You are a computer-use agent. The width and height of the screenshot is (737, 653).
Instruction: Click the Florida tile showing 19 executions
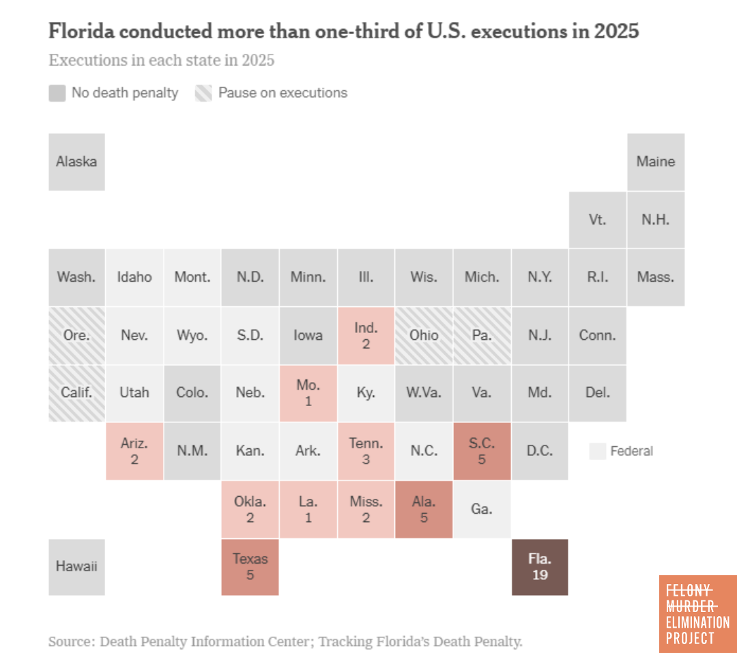point(540,567)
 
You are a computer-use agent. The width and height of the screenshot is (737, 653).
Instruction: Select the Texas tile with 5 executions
point(250,567)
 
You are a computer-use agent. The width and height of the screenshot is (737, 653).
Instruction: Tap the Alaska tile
point(76,162)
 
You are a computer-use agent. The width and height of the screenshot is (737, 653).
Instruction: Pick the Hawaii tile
point(76,567)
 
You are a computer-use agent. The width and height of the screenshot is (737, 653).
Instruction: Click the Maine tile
point(655,162)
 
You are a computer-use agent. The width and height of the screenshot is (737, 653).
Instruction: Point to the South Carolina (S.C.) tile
point(482,451)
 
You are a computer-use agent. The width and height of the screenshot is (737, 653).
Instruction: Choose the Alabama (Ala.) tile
point(424,509)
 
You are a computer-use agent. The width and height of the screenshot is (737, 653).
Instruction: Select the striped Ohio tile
point(424,336)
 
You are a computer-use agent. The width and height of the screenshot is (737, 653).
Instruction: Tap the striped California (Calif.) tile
point(76,393)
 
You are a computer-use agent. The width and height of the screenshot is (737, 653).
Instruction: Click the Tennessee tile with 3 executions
point(366,451)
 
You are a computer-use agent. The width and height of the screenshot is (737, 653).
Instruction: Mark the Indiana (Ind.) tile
point(366,336)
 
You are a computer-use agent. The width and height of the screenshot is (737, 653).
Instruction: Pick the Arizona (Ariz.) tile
point(134,451)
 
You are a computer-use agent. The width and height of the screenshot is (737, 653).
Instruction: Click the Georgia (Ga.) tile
point(482,509)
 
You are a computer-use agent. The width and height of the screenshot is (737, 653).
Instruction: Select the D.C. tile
point(540,451)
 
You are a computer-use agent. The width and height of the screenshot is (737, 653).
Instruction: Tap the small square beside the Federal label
point(597,451)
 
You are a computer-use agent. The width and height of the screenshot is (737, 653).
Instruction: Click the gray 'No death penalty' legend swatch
point(57,93)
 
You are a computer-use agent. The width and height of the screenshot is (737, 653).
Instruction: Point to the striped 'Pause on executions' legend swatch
point(204,93)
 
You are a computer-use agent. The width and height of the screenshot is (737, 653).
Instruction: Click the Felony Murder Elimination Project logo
point(697,613)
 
